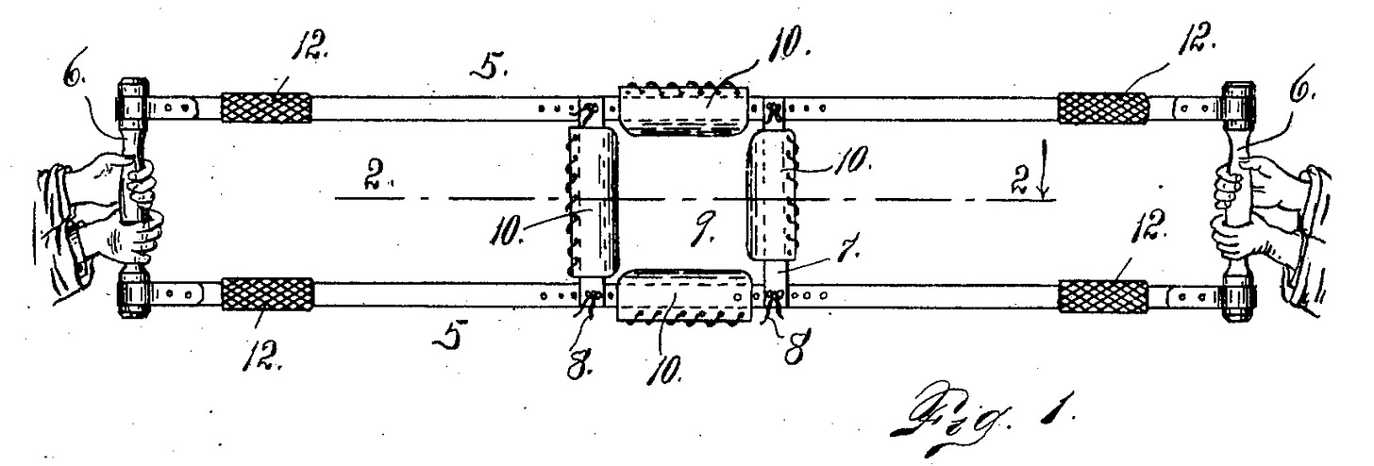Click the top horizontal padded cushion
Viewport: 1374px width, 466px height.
(685, 112)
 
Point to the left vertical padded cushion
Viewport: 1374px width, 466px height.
(592, 202)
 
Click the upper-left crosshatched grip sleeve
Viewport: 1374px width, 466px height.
(266, 108)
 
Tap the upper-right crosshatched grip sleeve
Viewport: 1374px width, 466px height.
(1102, 108)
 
